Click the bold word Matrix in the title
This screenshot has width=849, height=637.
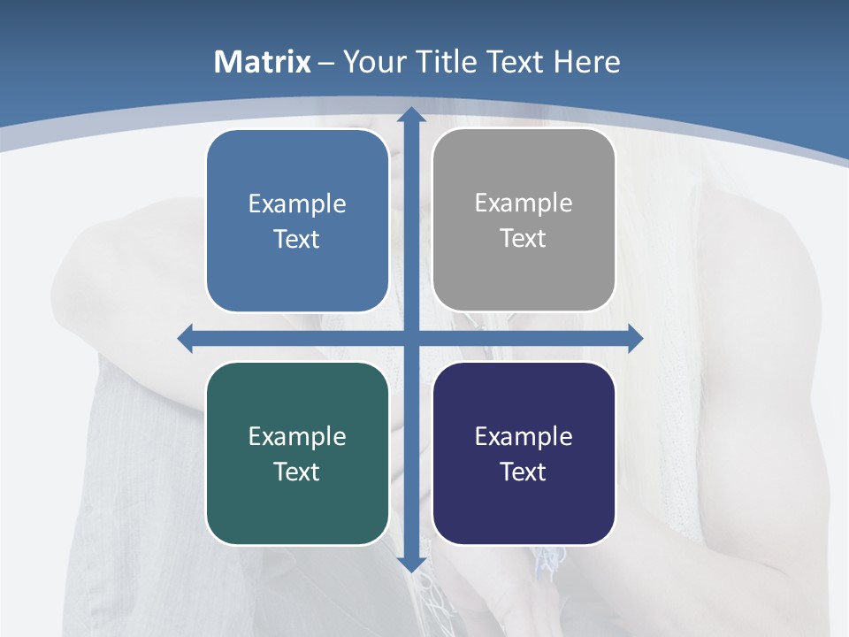click(x=263, y=62)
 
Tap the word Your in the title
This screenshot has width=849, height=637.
click(x=375, y=62)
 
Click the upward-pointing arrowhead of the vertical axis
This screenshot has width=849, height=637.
click(x=410, y=114)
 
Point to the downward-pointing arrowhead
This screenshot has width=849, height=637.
click(x=410, y=565)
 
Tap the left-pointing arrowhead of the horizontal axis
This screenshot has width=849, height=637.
click(x=186, y=338)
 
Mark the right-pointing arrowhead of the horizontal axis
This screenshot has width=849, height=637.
click(x=635, y=338)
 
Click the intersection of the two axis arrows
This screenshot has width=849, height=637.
click(x=410, y=338)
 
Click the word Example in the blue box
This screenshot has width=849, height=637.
click(x=297, y=204)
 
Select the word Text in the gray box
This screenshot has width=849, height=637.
click(x=524, y=239)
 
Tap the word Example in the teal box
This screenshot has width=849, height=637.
click(x=297, y=437)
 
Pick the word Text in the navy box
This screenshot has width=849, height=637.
click(x=524, y=472)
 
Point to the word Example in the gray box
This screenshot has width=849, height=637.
click(x=524, y=203)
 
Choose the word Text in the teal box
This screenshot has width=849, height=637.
click(x=297, y=472)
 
